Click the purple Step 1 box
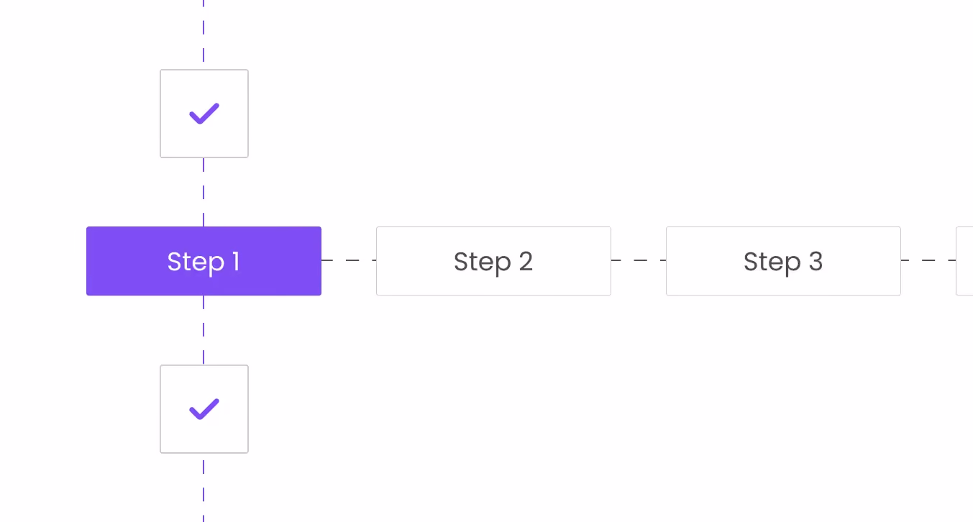click(204, 261)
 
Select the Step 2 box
click(493, 261)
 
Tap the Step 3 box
click(783, 261)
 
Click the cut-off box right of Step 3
click(965, 261)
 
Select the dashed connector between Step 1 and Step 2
click(349, 260)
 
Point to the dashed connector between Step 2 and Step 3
click(639, 260)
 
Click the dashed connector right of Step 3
click(928, 260)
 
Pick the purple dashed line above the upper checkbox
click(204, 31)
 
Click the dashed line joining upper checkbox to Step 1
click(204, 193)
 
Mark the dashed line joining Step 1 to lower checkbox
click(204, 330)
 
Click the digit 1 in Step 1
click(237, 261)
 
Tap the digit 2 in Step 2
click(526, 262)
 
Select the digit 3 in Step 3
click(816, 262)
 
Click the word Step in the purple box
click(196, 262)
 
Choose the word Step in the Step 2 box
click(482, 262)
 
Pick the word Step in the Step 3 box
click(772, 262)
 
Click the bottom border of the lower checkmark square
click(204, 452)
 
